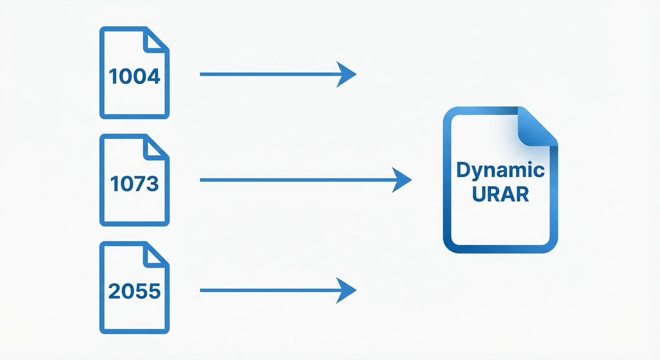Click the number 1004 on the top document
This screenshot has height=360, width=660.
[135, 76]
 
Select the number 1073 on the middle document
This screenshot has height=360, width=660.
[135, 184]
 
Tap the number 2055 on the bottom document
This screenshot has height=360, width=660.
[135, 292]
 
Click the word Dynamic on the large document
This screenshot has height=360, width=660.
[501, 171]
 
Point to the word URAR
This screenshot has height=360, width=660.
[501, 194]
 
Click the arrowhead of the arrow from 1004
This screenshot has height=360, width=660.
[347, 74]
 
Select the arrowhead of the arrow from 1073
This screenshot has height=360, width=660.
[402, 180]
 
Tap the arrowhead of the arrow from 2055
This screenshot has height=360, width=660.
[347, 291]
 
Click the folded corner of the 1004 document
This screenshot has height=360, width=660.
[155, 40]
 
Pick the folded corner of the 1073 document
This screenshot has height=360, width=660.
[155, 148]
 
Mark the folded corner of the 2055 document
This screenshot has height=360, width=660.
[155, 255]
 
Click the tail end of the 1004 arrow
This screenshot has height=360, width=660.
[202, 74]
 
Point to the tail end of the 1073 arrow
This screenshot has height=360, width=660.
[202, 180]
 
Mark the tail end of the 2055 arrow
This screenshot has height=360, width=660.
[202, 291]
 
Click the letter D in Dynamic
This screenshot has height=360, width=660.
[463, 171]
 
